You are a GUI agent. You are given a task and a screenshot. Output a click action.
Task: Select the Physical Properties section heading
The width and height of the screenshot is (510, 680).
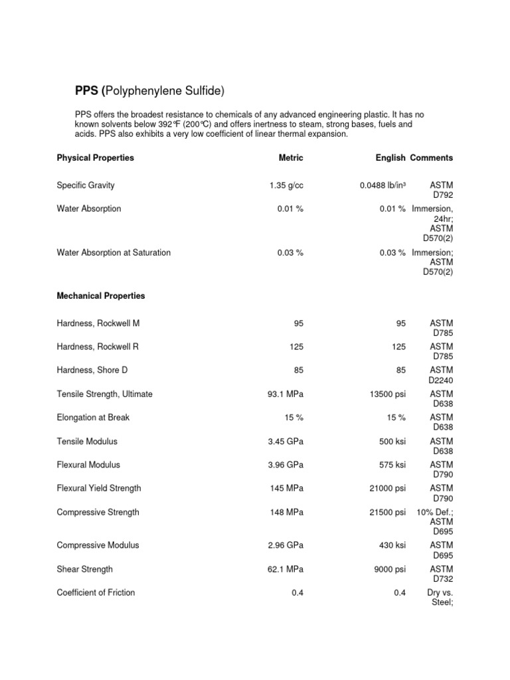(x=95, y=158)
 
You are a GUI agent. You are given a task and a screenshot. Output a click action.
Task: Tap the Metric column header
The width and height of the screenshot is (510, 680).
(x=291, y=158)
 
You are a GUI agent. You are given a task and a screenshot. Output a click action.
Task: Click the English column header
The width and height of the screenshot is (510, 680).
(x=390, y=158)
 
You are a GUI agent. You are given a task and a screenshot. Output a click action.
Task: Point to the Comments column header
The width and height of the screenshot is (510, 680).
(x=432, y=158)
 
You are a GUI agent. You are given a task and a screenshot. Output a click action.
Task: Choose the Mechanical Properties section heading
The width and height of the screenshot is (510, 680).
(x=101, y=296)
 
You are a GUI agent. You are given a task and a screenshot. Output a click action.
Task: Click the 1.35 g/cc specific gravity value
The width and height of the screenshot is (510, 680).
(x=286, y=186)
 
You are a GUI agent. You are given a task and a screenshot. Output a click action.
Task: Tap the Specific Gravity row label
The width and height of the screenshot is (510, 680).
(x=86, y=186)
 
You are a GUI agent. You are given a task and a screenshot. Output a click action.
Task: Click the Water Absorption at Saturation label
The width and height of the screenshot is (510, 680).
(x=114, y=253)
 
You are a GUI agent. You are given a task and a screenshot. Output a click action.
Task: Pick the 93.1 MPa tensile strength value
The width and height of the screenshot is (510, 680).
(x=285, y=394)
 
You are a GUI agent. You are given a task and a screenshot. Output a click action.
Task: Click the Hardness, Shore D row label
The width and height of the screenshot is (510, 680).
(x=92, y=371)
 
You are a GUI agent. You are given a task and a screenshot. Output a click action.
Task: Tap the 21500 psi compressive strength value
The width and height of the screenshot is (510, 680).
(x=387, y=513)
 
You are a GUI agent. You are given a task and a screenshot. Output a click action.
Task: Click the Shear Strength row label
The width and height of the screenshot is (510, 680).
(x=85, y=569)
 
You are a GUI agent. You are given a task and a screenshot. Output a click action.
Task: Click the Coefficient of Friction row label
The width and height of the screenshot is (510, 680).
(x=96, y=593)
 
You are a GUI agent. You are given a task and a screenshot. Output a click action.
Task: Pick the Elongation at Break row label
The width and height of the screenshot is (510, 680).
(x=93, y=418)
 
